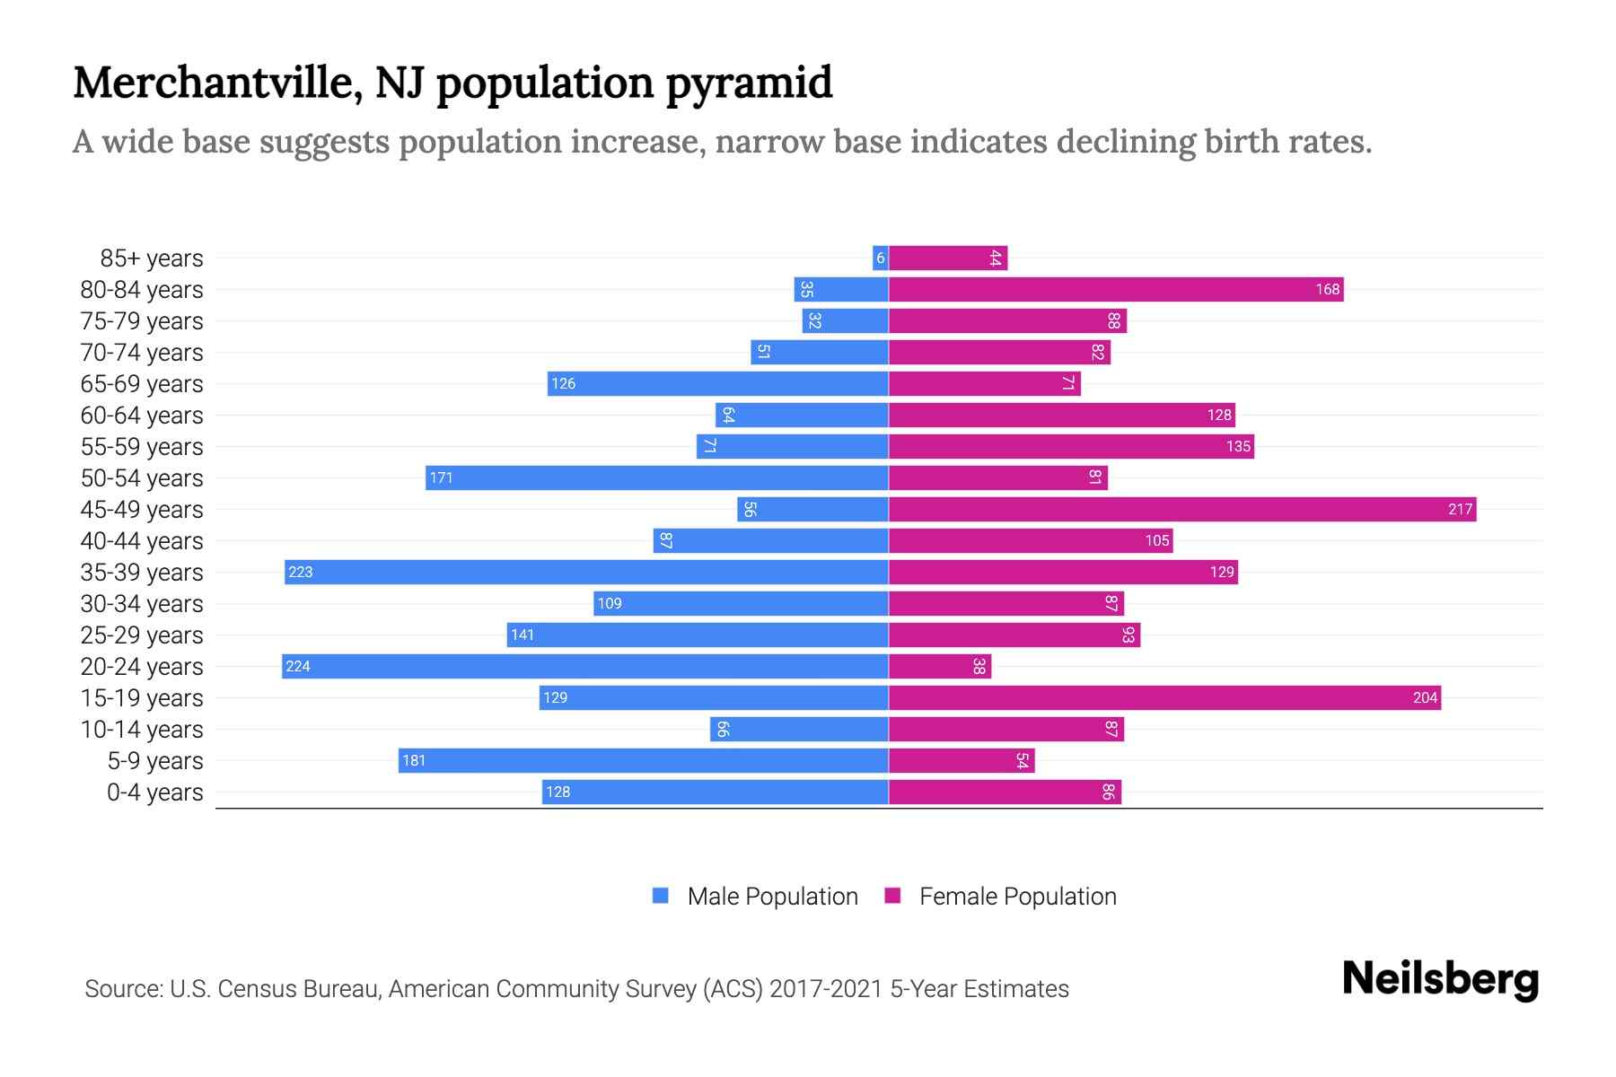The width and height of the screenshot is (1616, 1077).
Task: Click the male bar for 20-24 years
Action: tap(584, 666)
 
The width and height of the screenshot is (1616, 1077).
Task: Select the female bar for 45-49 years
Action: tap(1181, 509)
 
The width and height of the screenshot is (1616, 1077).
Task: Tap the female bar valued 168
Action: tap(1115, 289)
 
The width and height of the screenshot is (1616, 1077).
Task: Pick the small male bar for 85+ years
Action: tap(880, 258)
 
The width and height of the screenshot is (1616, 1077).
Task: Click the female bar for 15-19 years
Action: tap(1164, 697)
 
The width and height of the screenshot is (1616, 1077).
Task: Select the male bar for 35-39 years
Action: tap(585, 572)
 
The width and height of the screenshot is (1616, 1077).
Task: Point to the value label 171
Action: tap(441, 477)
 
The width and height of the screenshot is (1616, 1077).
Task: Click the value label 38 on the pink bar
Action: tap(979, 666)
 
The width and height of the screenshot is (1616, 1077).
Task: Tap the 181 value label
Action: tap(414, 760)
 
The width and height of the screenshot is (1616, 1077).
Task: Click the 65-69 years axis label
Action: tap(142, 384)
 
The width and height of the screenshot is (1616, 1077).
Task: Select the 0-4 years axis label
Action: tap(154, 792)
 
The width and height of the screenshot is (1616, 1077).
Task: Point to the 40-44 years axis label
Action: tap(142, 541)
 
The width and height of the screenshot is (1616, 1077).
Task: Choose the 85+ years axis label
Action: tap(152, 258)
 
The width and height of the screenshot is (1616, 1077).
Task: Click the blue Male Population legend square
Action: tap(661, 896)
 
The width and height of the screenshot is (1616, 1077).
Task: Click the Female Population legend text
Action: tap(1017, 896)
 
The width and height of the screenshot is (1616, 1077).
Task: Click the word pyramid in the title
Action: tap(749, 83)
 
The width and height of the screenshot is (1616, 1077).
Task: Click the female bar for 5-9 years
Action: tap(961, 760)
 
